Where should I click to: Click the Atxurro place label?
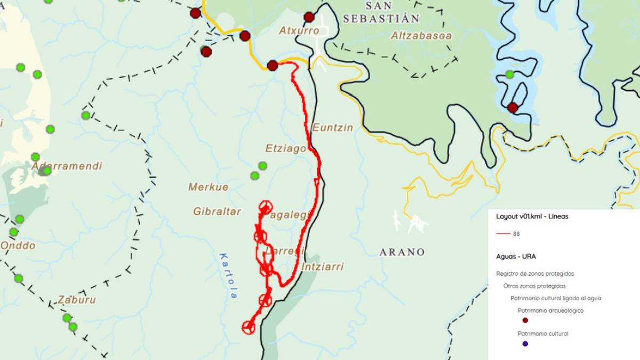coord(299,31)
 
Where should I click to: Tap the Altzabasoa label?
coord(421,36)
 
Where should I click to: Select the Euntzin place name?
coord(332,128)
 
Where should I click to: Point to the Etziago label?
coord(286,148)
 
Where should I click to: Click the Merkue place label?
coord(208,187)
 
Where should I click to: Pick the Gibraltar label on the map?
coord(217,212)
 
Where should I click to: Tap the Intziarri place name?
coord(323,267)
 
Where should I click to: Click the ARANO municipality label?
coord(402,252)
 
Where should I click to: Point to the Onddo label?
coord(18,246)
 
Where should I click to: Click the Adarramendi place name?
coord(67,166)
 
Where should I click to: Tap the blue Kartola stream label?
coord(228,275)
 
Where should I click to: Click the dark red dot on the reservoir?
coord(513,108)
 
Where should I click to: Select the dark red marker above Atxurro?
coord(309,17)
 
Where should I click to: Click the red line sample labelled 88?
coord(503,234)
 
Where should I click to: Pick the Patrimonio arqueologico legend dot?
coord(525,321)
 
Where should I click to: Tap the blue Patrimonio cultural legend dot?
coord(525,344)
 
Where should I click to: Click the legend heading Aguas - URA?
coord(516,257)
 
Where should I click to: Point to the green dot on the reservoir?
coord(509,74)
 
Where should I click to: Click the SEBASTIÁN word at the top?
coord(381,19)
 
